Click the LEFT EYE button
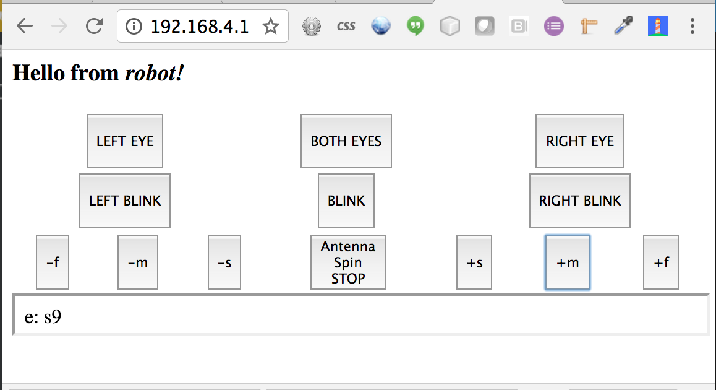click(125, 141)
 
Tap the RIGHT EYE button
click(580, 141)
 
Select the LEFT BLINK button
click(125, 200)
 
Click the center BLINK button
click(346, 200)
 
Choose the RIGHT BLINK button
click(580, 200)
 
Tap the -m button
click(138, 262)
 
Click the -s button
click(224, 262)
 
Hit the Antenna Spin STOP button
click(348, 262)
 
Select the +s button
click(474, 262)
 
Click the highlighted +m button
click(568, 262)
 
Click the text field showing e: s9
click(360, 316)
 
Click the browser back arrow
click(25, 26)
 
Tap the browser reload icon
click(94, 26)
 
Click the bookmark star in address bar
click(271, 26)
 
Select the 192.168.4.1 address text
click(200, 27)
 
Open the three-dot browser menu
click(693, 26)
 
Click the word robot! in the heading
click(155, 73)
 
